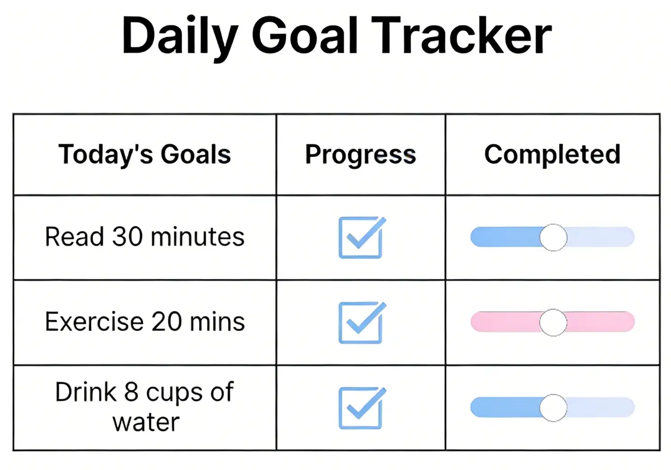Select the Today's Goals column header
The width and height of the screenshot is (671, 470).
point(145,154)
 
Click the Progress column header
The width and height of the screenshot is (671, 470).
point(360,155)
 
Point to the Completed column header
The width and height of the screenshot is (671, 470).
point(552,154)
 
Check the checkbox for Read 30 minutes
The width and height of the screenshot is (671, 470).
point(361,238)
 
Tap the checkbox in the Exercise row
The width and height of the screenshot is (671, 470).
point(361,323)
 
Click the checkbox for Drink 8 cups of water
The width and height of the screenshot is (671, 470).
point(361,408)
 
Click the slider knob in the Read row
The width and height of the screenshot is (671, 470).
point(553,237)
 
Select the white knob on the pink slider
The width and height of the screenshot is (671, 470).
point(553,322)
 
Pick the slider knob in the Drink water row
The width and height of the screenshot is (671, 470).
point(553,408)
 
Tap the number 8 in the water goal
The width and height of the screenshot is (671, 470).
point(131,392)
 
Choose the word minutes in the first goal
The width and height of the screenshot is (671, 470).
point(197,237)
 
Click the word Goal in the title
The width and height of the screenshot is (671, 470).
point(305,36)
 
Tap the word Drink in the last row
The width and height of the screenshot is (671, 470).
point(86,392)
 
